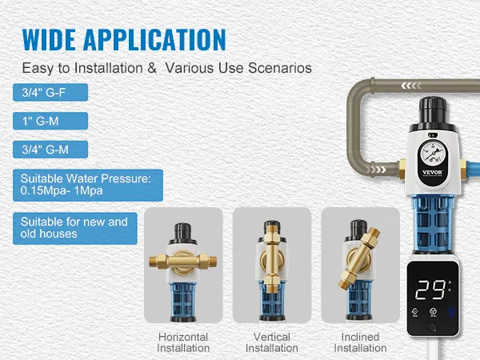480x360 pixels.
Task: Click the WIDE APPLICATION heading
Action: (x=124, y=39)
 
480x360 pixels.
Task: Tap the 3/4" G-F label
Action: (x=50, y=92)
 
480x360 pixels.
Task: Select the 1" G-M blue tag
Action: (x=50, y=121)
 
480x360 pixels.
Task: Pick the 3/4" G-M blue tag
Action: (x=50, y=150)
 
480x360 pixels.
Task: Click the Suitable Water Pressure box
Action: (x=88, y=185)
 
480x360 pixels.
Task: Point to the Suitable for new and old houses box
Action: (x=75, y=228)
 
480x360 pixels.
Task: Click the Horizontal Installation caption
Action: (x=183, y=342)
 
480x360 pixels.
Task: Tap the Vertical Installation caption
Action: (x=272, y=342)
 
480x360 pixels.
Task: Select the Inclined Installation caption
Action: (x=360, y=342)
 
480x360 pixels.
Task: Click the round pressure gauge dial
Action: (x=433, y=152)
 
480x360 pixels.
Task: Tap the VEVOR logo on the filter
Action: (x=432, y=172)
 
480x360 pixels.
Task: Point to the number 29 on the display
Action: (x=430, y=290)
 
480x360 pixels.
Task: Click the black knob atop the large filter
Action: (x=433, y=110)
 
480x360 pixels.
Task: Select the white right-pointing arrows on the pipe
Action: (x=375, y=170)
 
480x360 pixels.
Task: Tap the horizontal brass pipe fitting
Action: (x=182, y=262)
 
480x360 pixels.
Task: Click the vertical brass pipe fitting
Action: (x=271, y=259)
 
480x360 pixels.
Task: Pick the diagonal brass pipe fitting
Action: (x=358, y=258)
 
